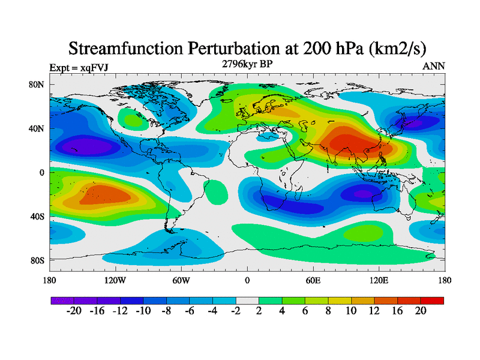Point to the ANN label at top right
pyautogui.click(x=433, y=66)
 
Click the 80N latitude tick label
pyautogui.click(x=37, y=85)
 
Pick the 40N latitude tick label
pyautogui.click(x=37, y=128)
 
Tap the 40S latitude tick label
pyautogui.click(x=37, y=216)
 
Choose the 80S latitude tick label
pyautogui.click(x=37, y=260)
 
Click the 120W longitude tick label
pyautogui.click(x=115, y=280)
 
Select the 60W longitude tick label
pyautogui.click(x=181, y=280)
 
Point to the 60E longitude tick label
pyautogui.click(x=313, y=280)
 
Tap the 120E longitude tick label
pyautogui.click(x=379, y=280)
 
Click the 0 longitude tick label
pyautogui.click(x=247, y=280)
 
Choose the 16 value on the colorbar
pyautogui.click(x=397, y=311)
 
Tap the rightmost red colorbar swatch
pyautogui.click(x=432, y=300)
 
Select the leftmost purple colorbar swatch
pyautogui.click(x=62, y=300)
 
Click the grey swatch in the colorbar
pyautogui.click(x=247, y=300)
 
